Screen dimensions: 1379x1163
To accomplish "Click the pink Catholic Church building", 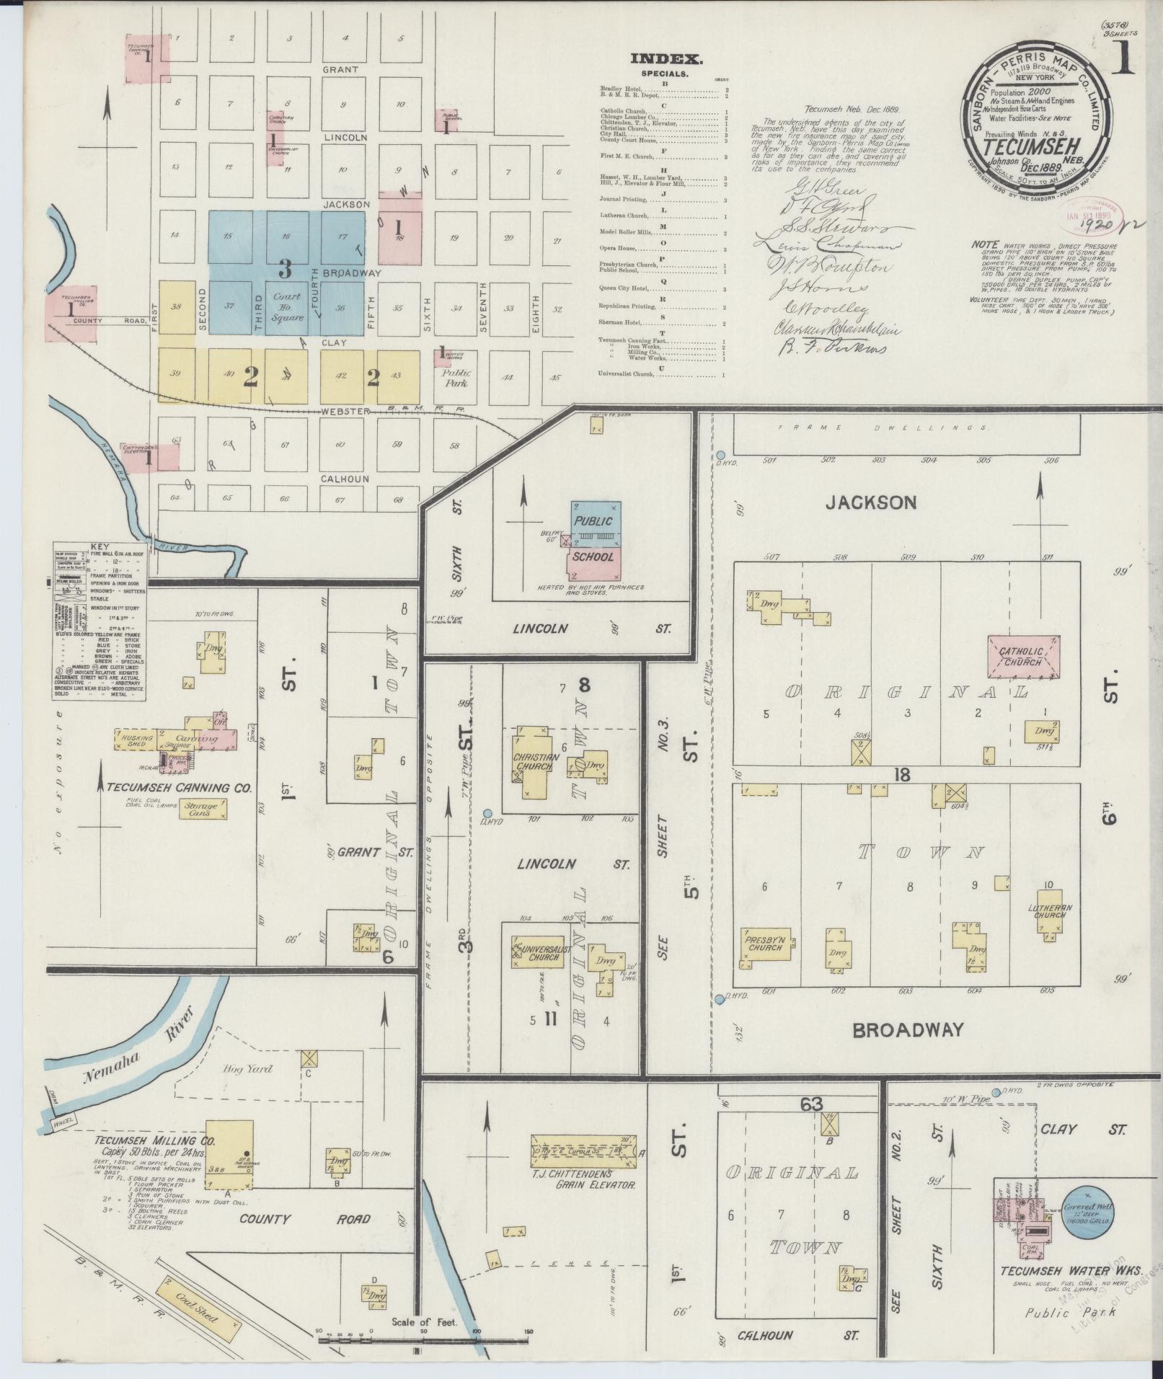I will tap(1023, 657).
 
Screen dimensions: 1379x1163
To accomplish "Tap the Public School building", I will tap(593, 539).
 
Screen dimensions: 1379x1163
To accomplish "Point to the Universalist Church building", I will tap(540, 952).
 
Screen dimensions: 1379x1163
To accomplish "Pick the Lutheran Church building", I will tap(1050, 915).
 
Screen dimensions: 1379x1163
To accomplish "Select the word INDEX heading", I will tap(665, 60).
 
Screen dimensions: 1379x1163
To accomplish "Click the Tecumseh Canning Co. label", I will tap(180, 789).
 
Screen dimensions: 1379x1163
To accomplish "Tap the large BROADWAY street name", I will tap(908, 1030).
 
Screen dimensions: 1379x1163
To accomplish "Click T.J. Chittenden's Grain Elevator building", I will tap(583, 1150).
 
